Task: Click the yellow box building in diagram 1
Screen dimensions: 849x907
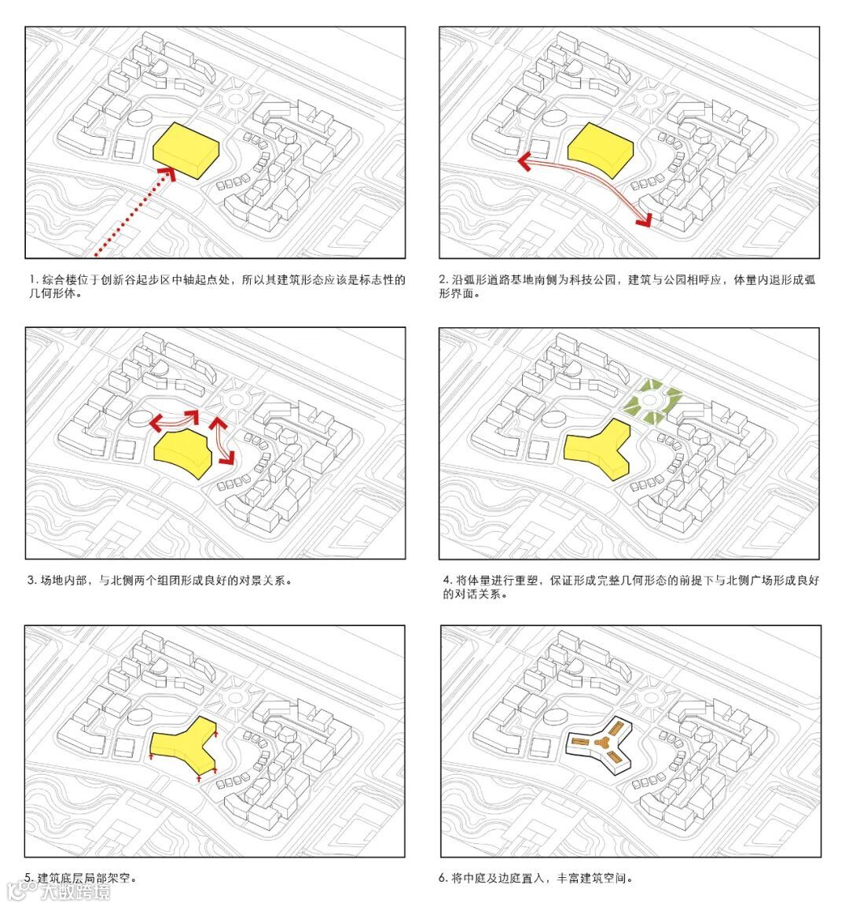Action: [186, 150]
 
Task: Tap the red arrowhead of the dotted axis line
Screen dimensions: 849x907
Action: [167, 174]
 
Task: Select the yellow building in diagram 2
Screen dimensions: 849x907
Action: [601, 149]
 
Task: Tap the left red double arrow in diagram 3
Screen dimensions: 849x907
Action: [174, 421]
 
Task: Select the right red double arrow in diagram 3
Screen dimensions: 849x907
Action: [222, 441]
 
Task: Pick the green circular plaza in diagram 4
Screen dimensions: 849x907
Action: [652, 401]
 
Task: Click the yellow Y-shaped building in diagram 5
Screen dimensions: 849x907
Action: [184, 747]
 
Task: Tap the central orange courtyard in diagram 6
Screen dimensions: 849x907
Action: [600, 742]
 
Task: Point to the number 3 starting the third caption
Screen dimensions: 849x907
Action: [31, 581]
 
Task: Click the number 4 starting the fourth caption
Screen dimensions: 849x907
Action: [447, 581]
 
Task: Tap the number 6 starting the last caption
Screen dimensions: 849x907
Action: [442, 878]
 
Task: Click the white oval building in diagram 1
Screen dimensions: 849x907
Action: [138, 117]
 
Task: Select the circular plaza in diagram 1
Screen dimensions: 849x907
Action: [236, 99]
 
